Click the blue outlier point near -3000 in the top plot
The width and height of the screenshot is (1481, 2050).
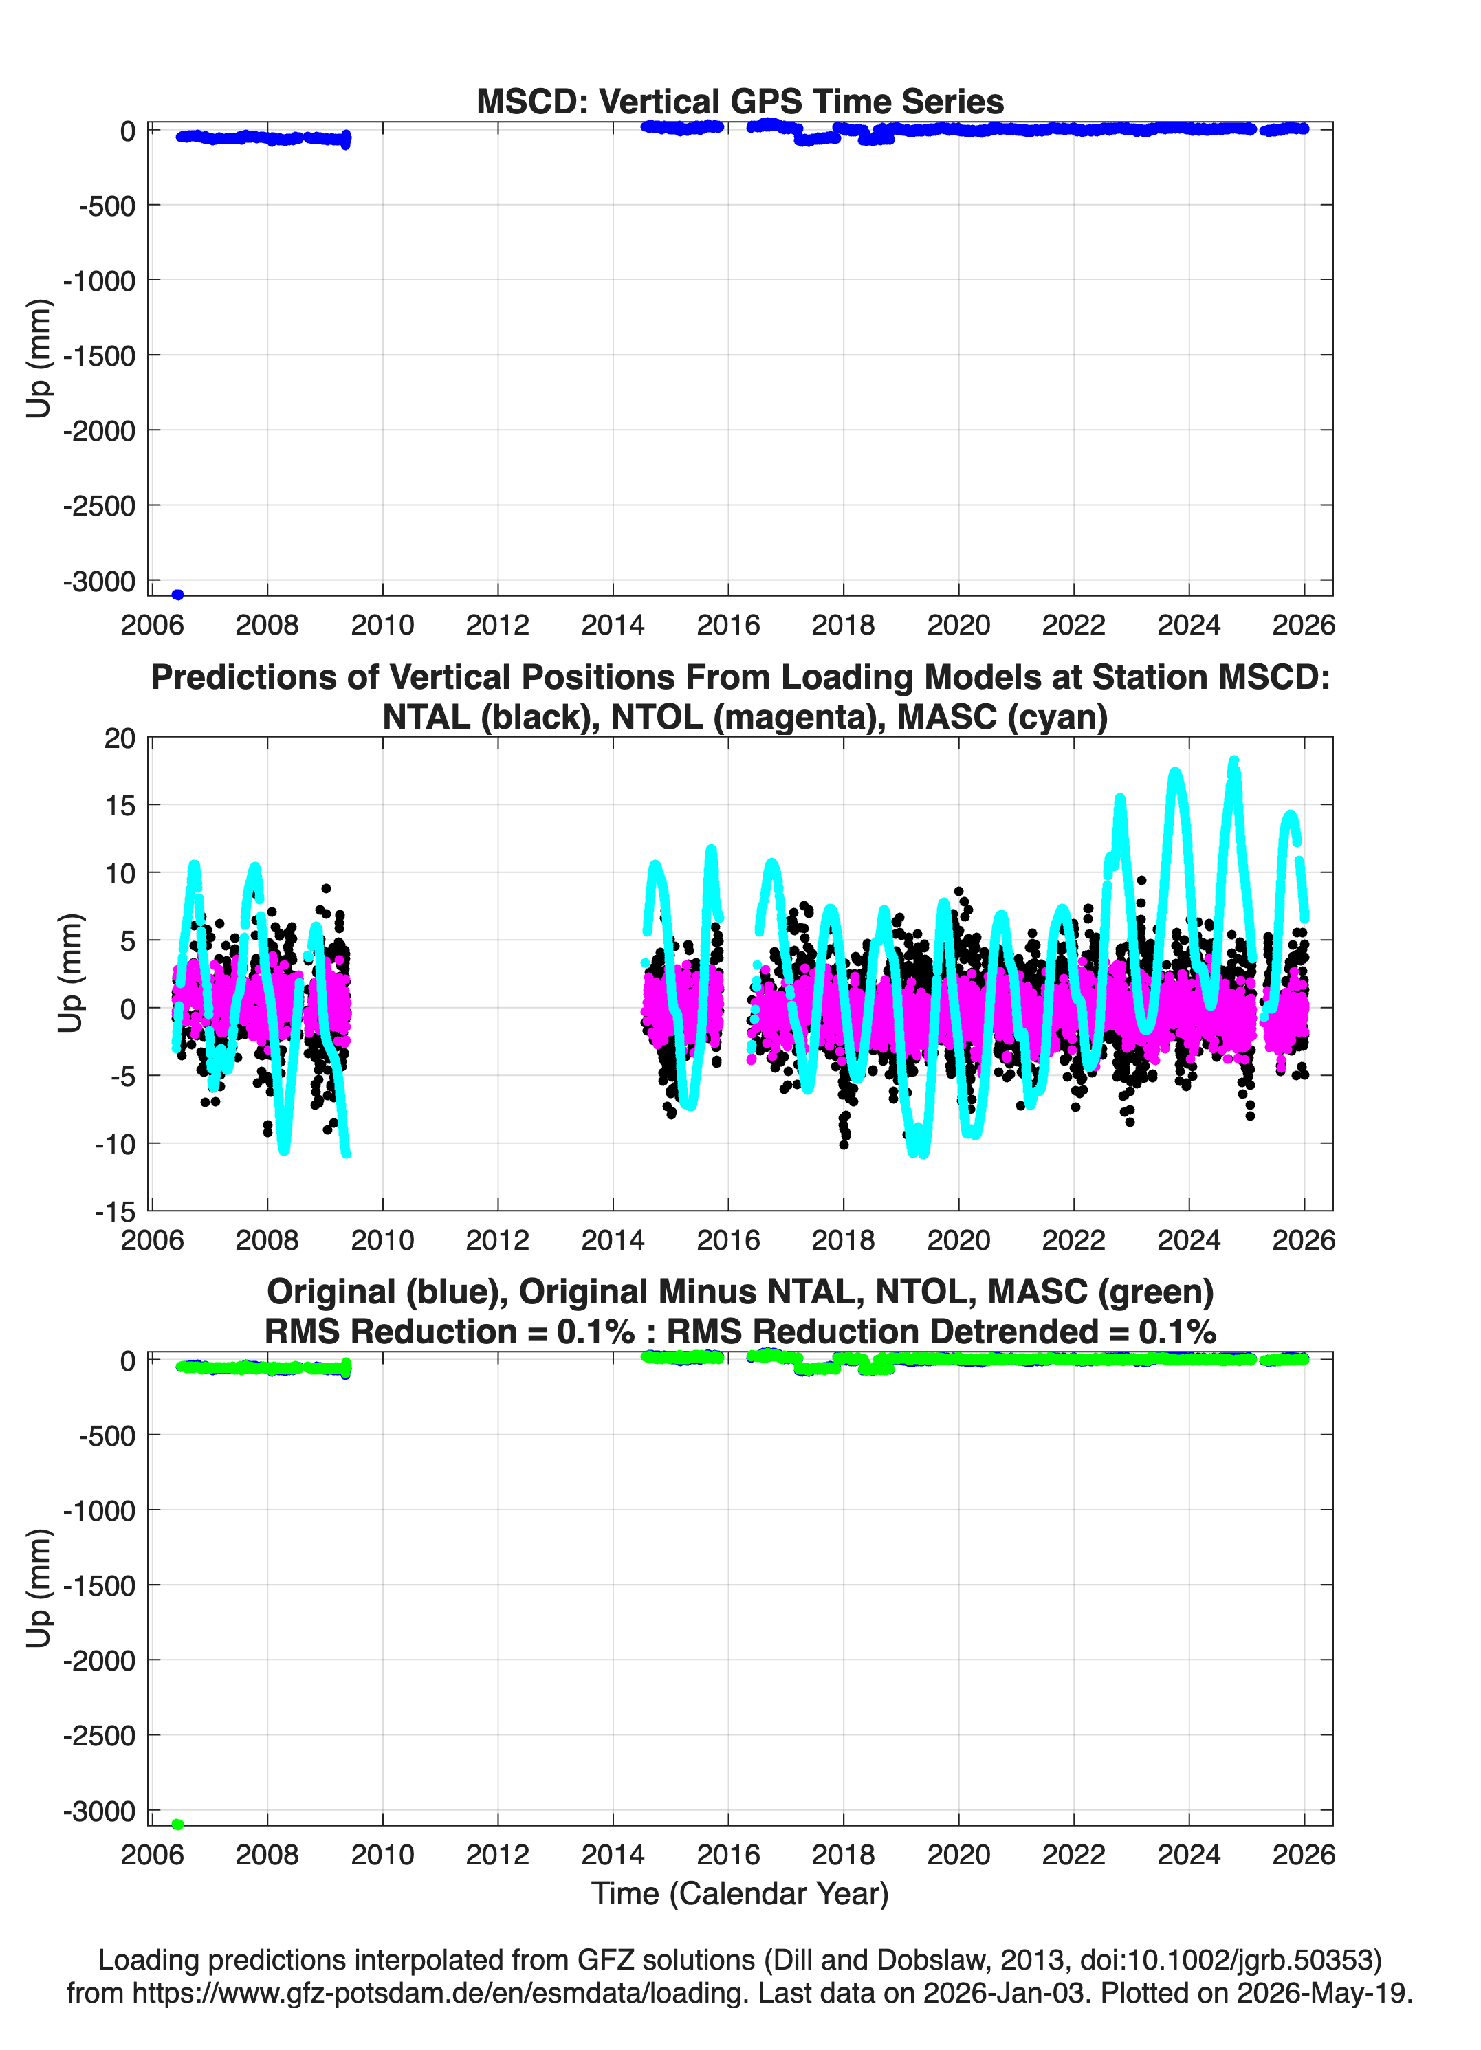pyautogui.click(x=178, y=595)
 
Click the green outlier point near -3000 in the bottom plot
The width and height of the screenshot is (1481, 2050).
pyautogui.click(x=178, y=1824)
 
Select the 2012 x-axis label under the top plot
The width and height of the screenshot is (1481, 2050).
pyautogui.click(x=497, y=625)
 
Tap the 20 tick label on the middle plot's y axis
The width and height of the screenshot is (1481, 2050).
pyautogui.click(x=120, y=738)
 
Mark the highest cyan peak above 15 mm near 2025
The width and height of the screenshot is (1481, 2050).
pyautogui.click(x=1233, y=761)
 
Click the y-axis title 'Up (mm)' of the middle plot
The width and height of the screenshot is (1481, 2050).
pyautogui.click(x=71, y=973)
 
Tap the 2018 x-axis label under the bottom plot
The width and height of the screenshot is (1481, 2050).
pyautogui.click(x=844, y=1855)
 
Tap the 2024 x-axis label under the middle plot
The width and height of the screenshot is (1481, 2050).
pyautogui.click(x=1189, y=1240)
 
